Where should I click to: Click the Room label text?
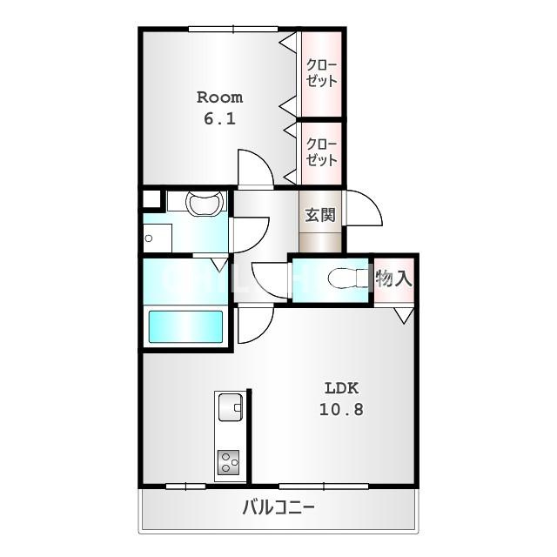[x=220, y=97]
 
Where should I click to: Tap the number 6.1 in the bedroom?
[x=220, y=118]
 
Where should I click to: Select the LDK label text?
[x=342, y=388]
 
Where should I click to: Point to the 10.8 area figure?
[x=342, y=409]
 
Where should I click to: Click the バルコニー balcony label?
[x=278, y=507]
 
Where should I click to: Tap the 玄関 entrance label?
[x=320, y=215]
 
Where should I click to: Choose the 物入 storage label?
[x=394, y=278]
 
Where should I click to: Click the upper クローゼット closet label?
[x=321, y=73]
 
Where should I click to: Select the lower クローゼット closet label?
[x=321, y=152]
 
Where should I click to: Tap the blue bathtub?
[x=185, y=327]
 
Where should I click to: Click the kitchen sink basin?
[x=230, y=407]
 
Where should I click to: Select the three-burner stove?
[x=228, y=462]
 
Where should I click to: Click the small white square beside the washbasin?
[x=151, y=199]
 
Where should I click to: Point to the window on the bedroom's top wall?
[x=233, y=30]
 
